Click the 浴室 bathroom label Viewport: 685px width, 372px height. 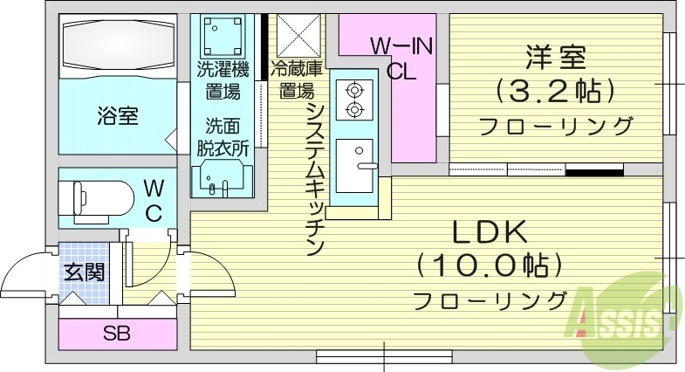[x=117, y=117]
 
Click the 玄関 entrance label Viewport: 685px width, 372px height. [x=83, y=271]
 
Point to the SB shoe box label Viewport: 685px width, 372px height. [x=116, y=333]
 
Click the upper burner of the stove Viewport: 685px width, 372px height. [x=354, y=89]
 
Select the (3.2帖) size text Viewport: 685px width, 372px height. [x=556, y=90]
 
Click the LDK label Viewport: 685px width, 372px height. [x=489, y=234]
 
